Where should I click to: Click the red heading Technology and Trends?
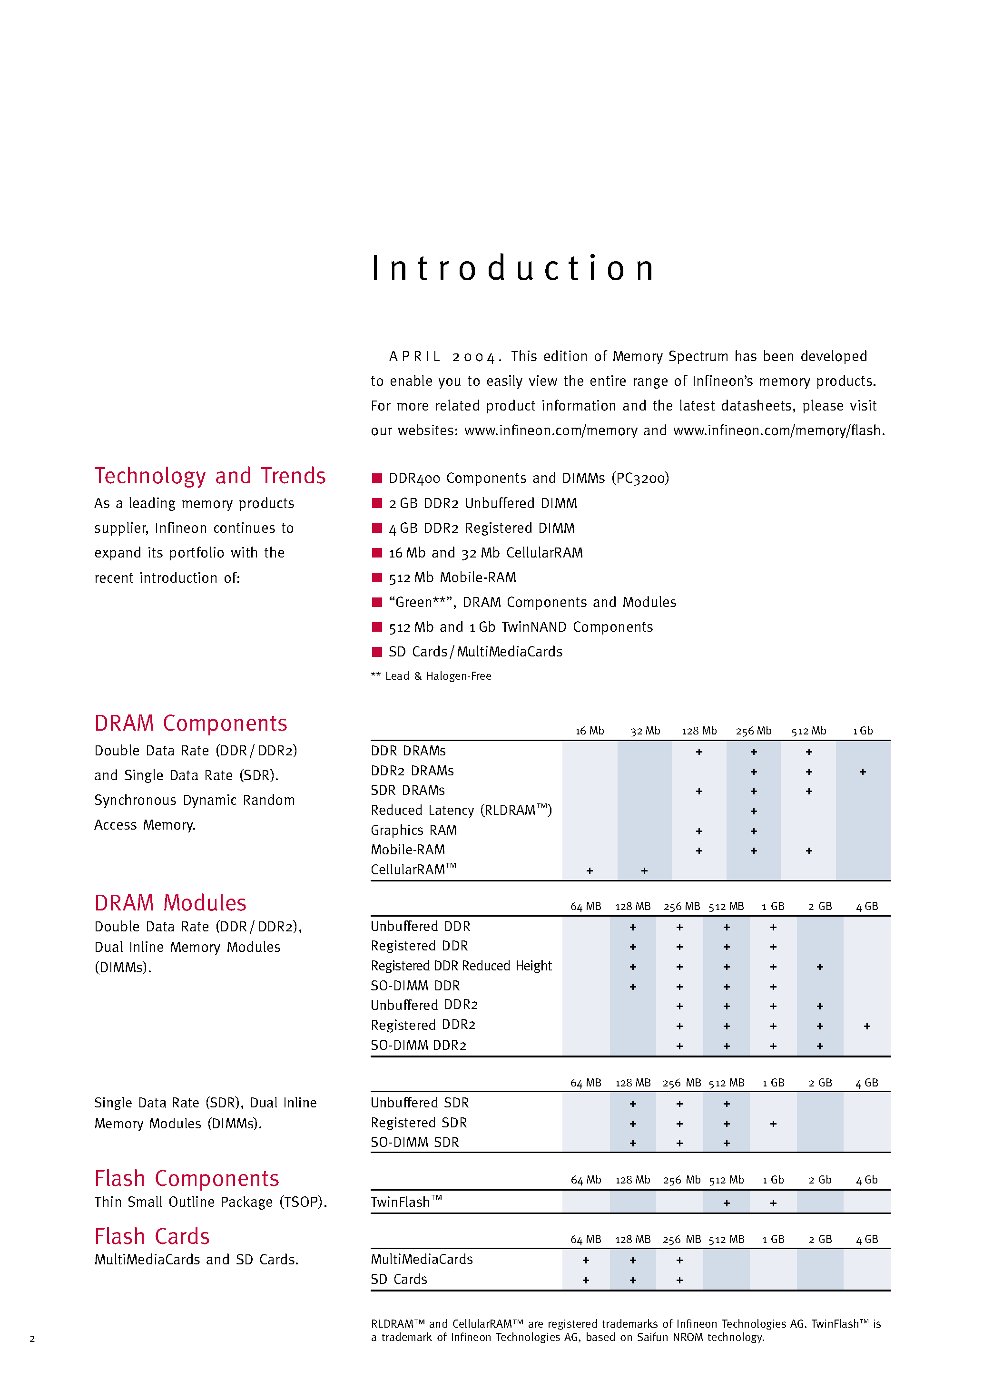point(209,476)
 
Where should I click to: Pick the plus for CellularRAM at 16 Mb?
point(589,871)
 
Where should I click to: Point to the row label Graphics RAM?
point(413,830)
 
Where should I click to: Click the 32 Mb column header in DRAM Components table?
point(645,731)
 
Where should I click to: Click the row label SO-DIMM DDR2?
point(418,1046)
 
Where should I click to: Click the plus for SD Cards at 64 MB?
point(585,1280)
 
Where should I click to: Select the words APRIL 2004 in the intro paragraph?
point(443,357)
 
